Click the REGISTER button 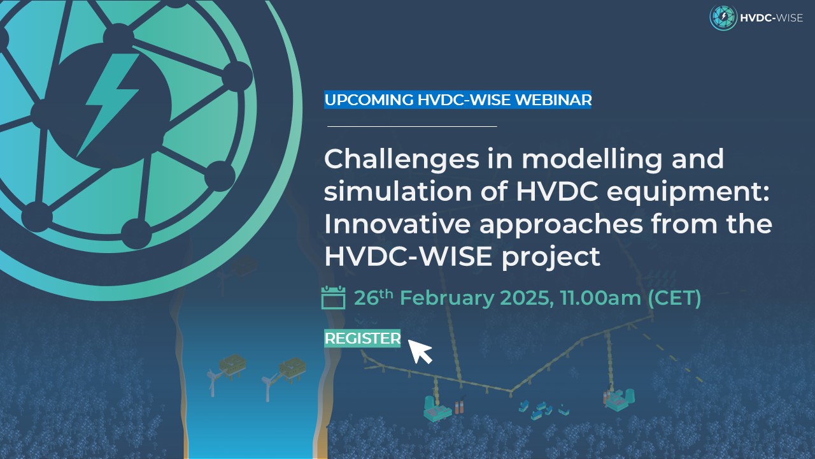[x=362, y=339]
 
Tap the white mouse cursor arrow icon [x=419, y=351]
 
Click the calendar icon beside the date [x=333, y=298]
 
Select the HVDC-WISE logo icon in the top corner [x=723, y=18]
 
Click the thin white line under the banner [x=412, y=127]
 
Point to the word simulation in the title [x=392, y=193]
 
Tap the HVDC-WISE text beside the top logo [x=771, y=18]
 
